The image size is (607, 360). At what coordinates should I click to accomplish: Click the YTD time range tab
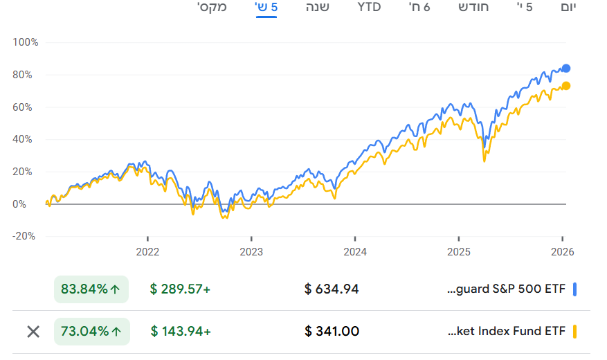(x=369, y=8)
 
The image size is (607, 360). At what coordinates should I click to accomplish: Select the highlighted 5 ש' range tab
(x=266, y=8)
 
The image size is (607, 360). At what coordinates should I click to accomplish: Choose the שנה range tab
(x=318, y=8)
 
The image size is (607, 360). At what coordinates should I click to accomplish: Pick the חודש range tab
(x=473, y=8)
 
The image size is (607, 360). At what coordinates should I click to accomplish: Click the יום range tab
(x=568, y=8)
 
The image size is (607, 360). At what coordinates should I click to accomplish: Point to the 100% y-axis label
(x=26, y=42)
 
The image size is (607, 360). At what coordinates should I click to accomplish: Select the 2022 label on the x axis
(x=147, y=251)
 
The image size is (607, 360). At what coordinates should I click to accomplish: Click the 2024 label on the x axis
(x=355, y=251)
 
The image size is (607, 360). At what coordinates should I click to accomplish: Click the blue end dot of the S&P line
(x=566, y=68)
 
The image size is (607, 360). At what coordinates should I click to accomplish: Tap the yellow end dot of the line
(x=566, y=86)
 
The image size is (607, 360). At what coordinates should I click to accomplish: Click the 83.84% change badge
(x=91, y=289)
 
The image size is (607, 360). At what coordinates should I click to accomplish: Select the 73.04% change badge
(x=91, y=331)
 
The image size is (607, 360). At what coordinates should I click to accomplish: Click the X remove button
(x=33, y=331)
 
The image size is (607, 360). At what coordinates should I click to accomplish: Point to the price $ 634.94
(x=332, y=289)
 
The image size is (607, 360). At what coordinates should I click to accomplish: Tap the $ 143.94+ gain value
(x=181, y=331)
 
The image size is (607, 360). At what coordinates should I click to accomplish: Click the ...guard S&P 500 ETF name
(x=507, y=289)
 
